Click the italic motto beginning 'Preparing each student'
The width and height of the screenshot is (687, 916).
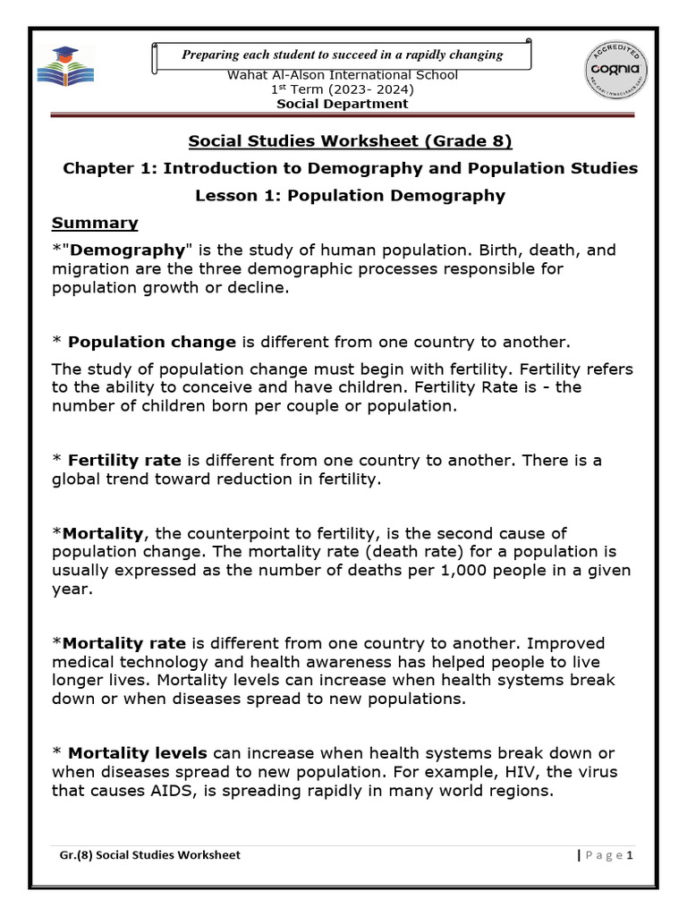343,55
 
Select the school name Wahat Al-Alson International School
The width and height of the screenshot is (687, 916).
343,75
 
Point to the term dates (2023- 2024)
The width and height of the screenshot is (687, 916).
367,89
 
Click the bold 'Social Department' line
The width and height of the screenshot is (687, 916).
343,104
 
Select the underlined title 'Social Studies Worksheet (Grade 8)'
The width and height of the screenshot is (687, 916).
350,141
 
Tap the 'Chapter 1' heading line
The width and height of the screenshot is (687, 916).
350,168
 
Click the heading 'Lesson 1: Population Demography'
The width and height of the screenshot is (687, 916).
350,195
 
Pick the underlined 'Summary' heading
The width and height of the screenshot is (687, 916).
95,223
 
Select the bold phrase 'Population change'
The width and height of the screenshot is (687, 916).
152,342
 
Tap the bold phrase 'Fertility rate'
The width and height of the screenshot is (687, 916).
126,460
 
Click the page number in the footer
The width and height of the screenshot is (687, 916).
630,855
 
